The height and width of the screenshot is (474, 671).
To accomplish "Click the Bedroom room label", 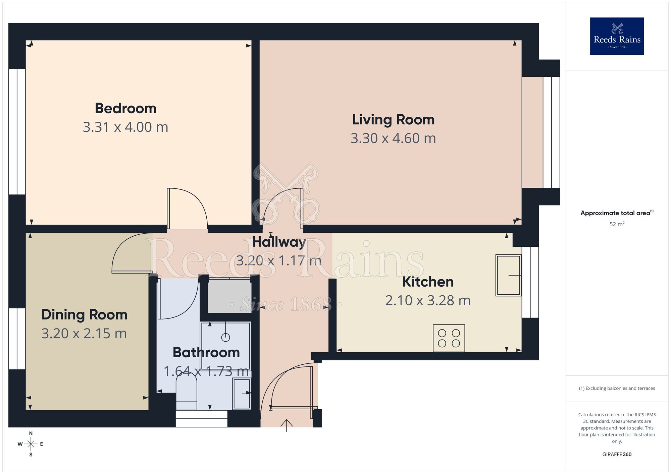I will [x=125, y=108].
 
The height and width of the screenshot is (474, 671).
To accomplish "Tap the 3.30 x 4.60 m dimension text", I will [x=393, y=138].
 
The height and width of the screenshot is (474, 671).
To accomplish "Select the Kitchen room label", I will [x=428, y=282].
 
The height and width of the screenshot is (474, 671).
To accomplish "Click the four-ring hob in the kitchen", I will [x=449, y=338].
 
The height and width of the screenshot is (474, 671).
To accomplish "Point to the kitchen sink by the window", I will [x=508, y=275].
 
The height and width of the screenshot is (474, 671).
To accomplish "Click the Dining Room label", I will [x=84, y=314].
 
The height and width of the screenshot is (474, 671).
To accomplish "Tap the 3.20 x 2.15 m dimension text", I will [x=84, y=333].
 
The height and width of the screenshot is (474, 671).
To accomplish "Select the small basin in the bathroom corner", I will [x=242, y=393].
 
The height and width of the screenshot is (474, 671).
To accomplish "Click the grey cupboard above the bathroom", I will [x=229, y=296].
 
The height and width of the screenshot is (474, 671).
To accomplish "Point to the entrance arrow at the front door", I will [x=287, y=425].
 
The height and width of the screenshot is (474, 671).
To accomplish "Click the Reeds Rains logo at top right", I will [x=617, y=36].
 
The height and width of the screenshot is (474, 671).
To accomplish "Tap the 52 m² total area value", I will [x=617, y=224].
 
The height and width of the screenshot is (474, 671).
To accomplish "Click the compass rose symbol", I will [x=31, y=444].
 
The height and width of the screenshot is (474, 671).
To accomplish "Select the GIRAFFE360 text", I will [x=617, y=454].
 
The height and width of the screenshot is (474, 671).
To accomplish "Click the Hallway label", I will [x=279, y=242].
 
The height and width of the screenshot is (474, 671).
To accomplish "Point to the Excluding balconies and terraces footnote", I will [x=617, y=388].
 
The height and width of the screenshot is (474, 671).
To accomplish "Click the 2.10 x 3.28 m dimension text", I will [x=428, y=300].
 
